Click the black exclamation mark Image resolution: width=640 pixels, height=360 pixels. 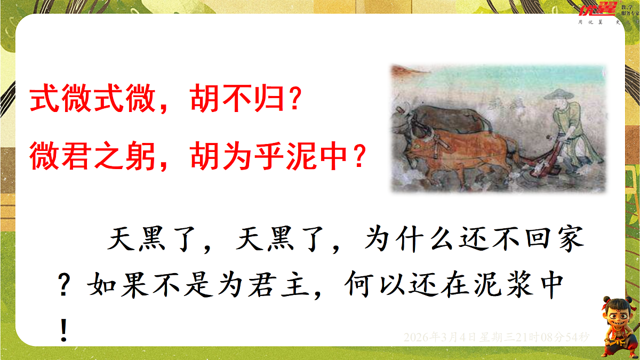coord(65,330)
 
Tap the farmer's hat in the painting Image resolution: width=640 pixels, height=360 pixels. coord(559,95)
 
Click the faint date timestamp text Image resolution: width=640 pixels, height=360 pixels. coord(497,337)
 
